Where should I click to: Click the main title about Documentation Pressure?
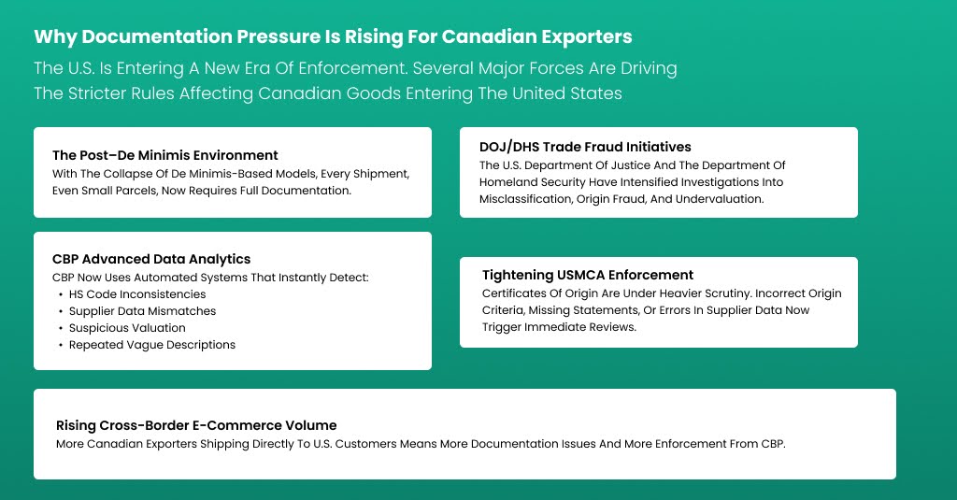(x=333, y=37)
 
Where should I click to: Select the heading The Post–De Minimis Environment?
(x=165, y=155)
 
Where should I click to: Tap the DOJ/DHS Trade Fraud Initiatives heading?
(x=585, y=147)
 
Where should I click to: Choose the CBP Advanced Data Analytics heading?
(x=151, y=259)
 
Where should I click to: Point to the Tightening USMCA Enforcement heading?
(x=588, y=275)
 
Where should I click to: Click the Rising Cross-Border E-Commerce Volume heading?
(x=196, y=425)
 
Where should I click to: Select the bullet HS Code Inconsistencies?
(x=137, y=294)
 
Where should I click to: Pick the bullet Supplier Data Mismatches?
(x=142, y=311)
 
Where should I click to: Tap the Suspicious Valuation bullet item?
(x=127, y=328)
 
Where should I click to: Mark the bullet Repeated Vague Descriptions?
(x=152, y=345)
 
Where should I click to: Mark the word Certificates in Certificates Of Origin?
(x=504, y=293)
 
